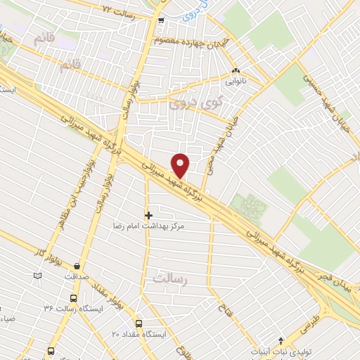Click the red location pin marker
point(181,165)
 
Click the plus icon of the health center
point(148,214)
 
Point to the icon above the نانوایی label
point(236,71)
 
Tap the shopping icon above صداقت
point(77,266)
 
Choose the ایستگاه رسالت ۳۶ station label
point(73,308)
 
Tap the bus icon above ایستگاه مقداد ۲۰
point(139,323)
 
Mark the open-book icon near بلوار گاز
point(38,275)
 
